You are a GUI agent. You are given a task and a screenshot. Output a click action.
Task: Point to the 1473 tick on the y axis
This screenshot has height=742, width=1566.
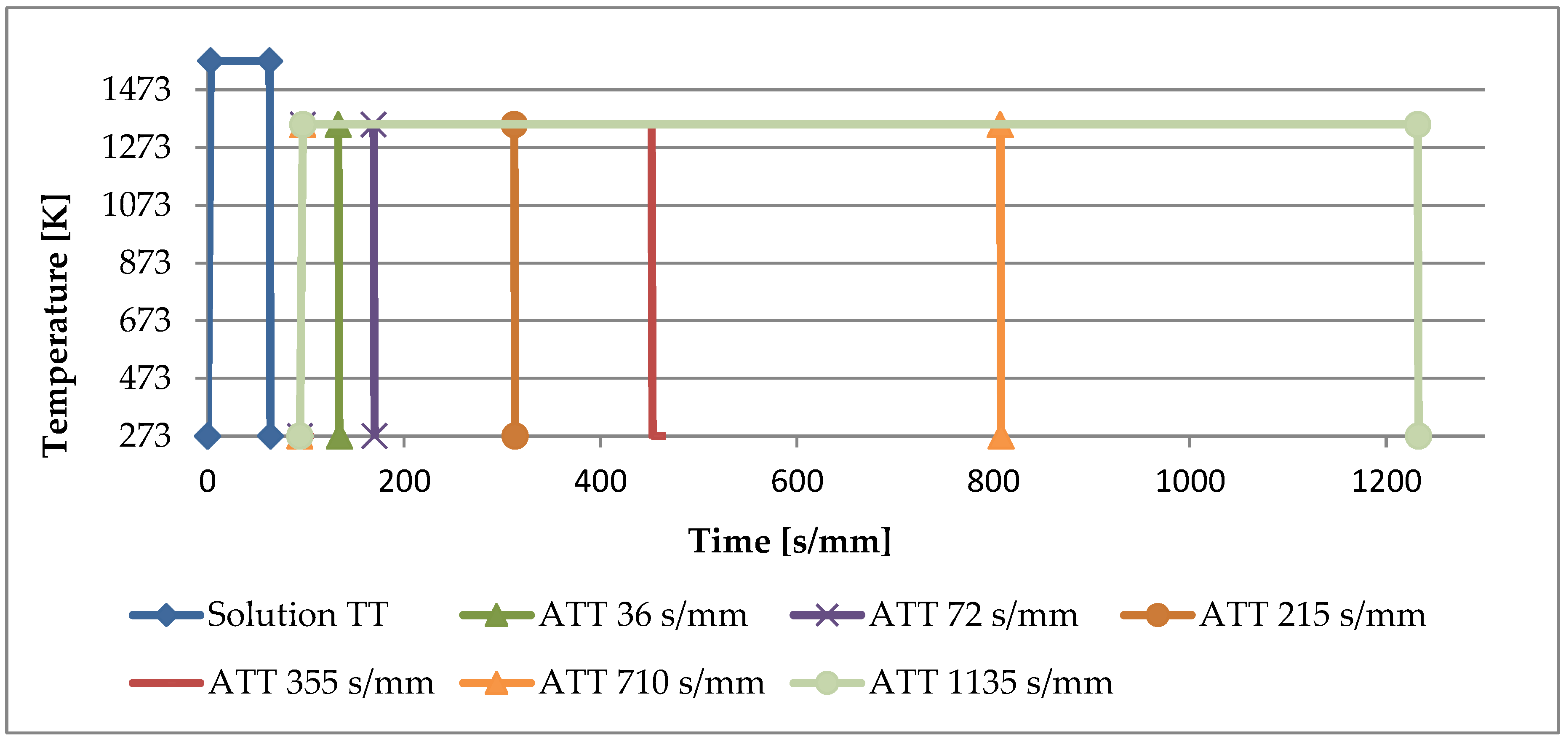(136, 89)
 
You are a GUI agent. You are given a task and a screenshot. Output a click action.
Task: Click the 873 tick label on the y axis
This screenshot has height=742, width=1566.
(145, 263)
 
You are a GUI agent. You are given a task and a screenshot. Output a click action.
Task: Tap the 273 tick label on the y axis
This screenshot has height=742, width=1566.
(145, 436)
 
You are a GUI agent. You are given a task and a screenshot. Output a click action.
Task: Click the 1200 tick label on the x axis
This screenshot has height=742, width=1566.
(1386, 482)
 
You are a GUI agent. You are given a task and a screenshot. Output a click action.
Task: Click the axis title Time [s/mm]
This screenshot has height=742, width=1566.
(789, 541)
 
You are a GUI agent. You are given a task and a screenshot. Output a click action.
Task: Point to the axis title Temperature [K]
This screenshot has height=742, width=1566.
(56, 325)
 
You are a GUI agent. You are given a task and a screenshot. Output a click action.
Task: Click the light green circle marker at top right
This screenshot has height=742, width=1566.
(1418, 125)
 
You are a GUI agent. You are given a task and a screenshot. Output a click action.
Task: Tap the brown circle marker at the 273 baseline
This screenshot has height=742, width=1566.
(515, 436)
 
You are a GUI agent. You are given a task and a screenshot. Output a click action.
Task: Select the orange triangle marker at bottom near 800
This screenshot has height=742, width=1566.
(1000, 438)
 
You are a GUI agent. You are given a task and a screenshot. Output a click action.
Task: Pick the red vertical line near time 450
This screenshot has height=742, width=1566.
(652, 280)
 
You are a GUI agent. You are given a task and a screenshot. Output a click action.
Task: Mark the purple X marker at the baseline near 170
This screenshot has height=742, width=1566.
(374, 436)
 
